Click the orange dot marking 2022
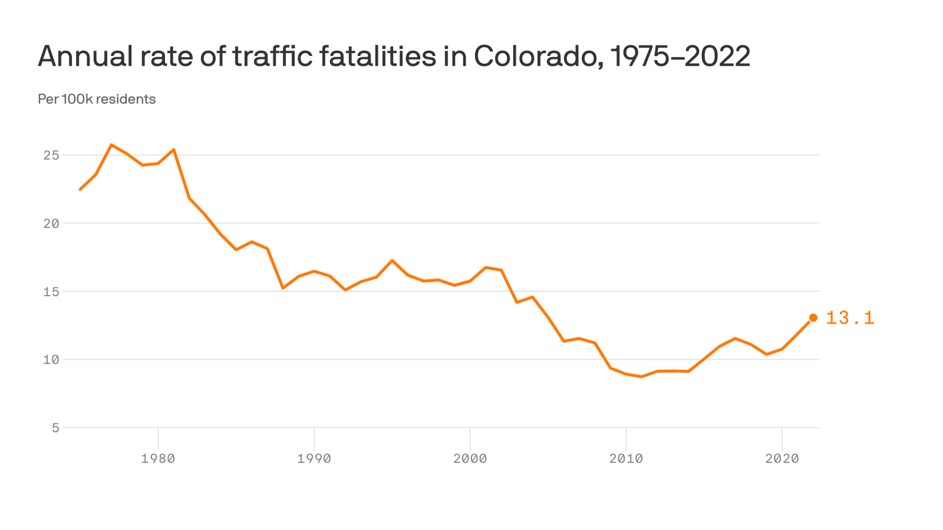[x=813, y=317]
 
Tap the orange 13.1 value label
[x=850, y=318]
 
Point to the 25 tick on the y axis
[x=51, y=155]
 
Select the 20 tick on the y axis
[x=51, y=224]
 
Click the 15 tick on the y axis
[x=51, y=291]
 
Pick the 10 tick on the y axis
[x=51, y=360]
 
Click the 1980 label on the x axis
[x=158, y=458]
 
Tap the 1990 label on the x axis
[x=314, y=458]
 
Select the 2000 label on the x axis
[x=470, y=458]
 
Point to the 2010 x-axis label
[x=625, y=458]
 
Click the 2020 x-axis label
[x=781, y=458]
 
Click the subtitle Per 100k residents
[x=97, y=99]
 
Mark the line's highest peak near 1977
[x=111, y=145]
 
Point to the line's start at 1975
[x=80, y=189]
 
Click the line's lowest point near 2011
[x=641, y=377]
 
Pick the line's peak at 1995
[x=392, y=260]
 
